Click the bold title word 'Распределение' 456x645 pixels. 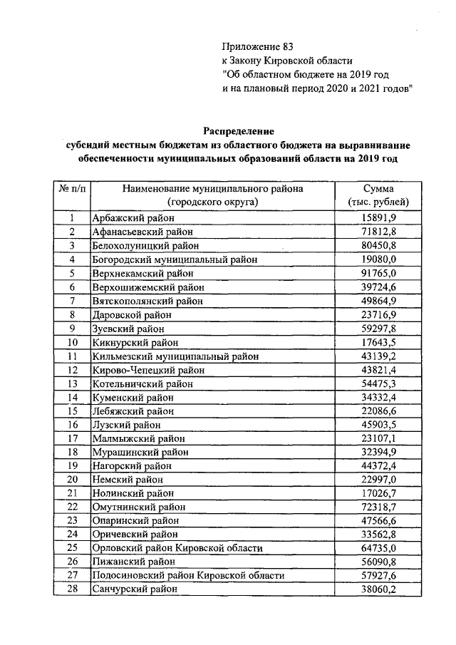[x=238, y=131]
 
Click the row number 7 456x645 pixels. [x=73, y=301]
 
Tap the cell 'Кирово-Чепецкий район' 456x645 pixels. [x=148, y=370]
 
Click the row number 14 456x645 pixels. [x=73, y=397]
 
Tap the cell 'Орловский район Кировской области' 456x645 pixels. [x=177, y=548]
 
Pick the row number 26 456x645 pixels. [x=73, y=562]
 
